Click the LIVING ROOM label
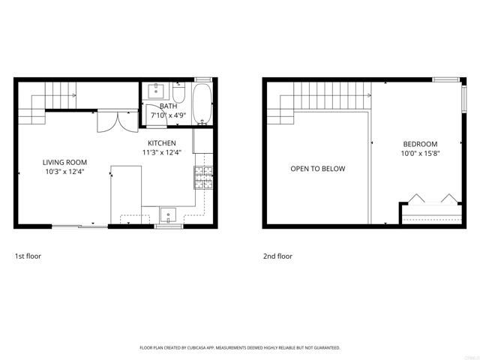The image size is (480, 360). (x=64, y=162)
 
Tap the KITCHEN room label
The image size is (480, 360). (x=161, y=142)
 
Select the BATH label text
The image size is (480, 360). (x=167, y=106)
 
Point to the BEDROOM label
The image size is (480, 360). (x=420, y=144)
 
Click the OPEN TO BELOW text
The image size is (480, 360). (x=318, y=169)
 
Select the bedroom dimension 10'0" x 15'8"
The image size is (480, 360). (x=420, y=154)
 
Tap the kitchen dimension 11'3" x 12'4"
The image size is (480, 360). (x=161, y=153)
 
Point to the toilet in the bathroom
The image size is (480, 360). (x=178, y=94)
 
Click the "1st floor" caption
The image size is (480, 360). (x=28, y=256)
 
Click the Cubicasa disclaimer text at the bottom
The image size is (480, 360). (x=240, y=348)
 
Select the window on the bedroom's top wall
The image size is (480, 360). (x=445, y=79)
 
